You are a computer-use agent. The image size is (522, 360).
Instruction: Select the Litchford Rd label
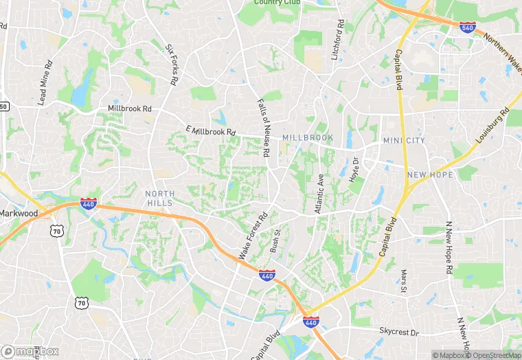[x=337, y=40]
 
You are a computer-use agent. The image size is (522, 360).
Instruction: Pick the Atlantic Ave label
[x=319, y=193]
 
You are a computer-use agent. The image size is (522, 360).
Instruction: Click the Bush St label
[x=275, y=240]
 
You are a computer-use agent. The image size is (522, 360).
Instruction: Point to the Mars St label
[x=404, y=280]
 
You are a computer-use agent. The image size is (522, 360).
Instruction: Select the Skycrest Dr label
[x=398, y=331]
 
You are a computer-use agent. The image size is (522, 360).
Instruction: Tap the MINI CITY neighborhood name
[x=404, y=140]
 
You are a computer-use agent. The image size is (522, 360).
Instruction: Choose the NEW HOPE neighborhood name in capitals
[x=430, y=175]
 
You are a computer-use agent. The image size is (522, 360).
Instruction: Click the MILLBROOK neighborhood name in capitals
[x=307, y=137]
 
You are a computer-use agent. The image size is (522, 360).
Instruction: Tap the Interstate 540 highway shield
[x=468, y=27]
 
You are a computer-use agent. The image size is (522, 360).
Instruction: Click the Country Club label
[x=277, y=2]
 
